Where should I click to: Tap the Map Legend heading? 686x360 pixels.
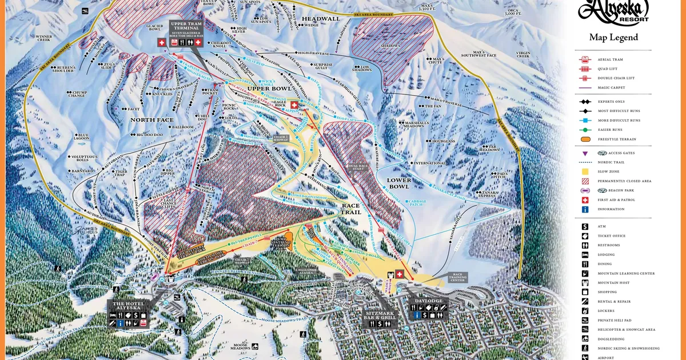click(x=613, y=38)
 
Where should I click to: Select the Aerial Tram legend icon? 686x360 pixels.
click(x=585, y=59)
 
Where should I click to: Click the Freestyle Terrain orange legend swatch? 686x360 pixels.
click(x=585, y=139)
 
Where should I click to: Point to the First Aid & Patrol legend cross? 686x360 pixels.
click(x=585, y=199)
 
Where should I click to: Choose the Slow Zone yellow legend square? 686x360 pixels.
click(x=585, y=171)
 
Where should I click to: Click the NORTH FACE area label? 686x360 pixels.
click(x=151, y=119)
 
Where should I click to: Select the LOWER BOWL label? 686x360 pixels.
click(x=399, y=183)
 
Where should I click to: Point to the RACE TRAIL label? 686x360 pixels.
click(x=351, y=209)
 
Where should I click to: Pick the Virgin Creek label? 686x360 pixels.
click(x=524, y=55)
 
